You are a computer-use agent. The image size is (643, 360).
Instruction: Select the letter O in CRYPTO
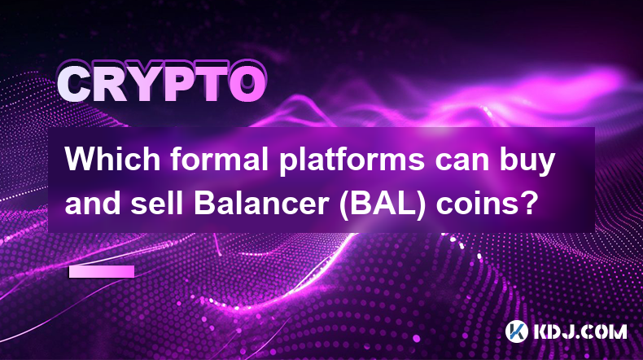point(247,86)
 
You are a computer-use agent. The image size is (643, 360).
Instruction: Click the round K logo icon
point(516,331)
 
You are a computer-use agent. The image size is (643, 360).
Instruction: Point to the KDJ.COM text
point(580,332)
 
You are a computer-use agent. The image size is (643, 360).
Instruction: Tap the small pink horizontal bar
point(102,271)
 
